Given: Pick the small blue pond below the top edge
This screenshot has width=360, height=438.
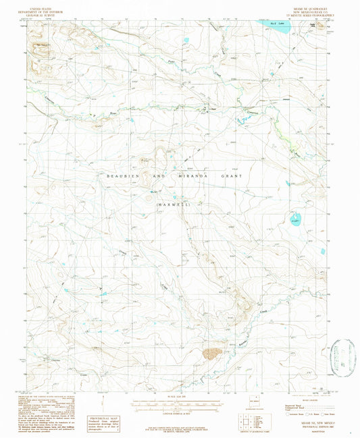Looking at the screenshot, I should (186, 41).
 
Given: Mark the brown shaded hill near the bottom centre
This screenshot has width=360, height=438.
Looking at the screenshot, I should (213, 352).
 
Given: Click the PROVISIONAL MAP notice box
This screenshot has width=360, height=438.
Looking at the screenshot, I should (111, 402).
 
